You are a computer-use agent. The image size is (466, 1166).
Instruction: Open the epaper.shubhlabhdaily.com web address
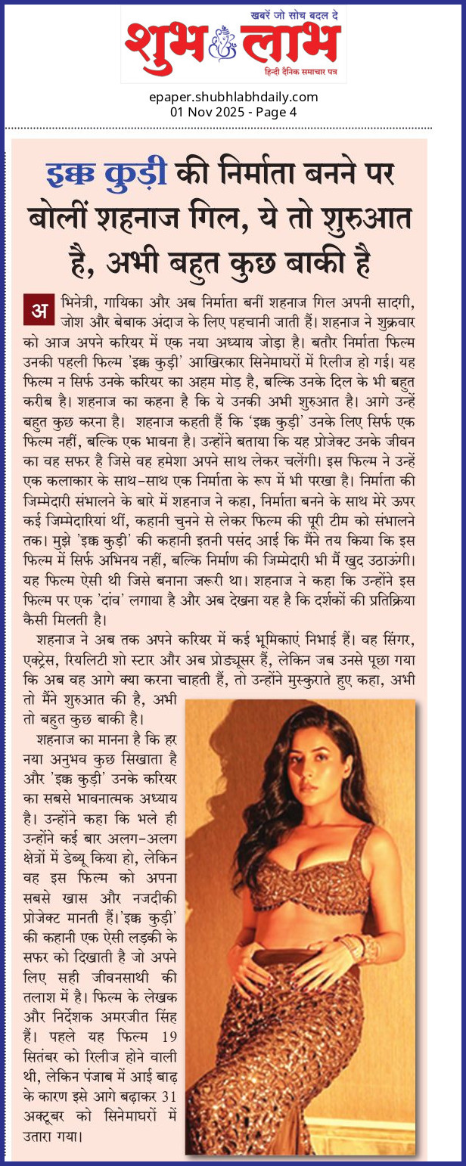233,97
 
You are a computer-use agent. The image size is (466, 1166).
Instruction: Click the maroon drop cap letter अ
36,310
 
